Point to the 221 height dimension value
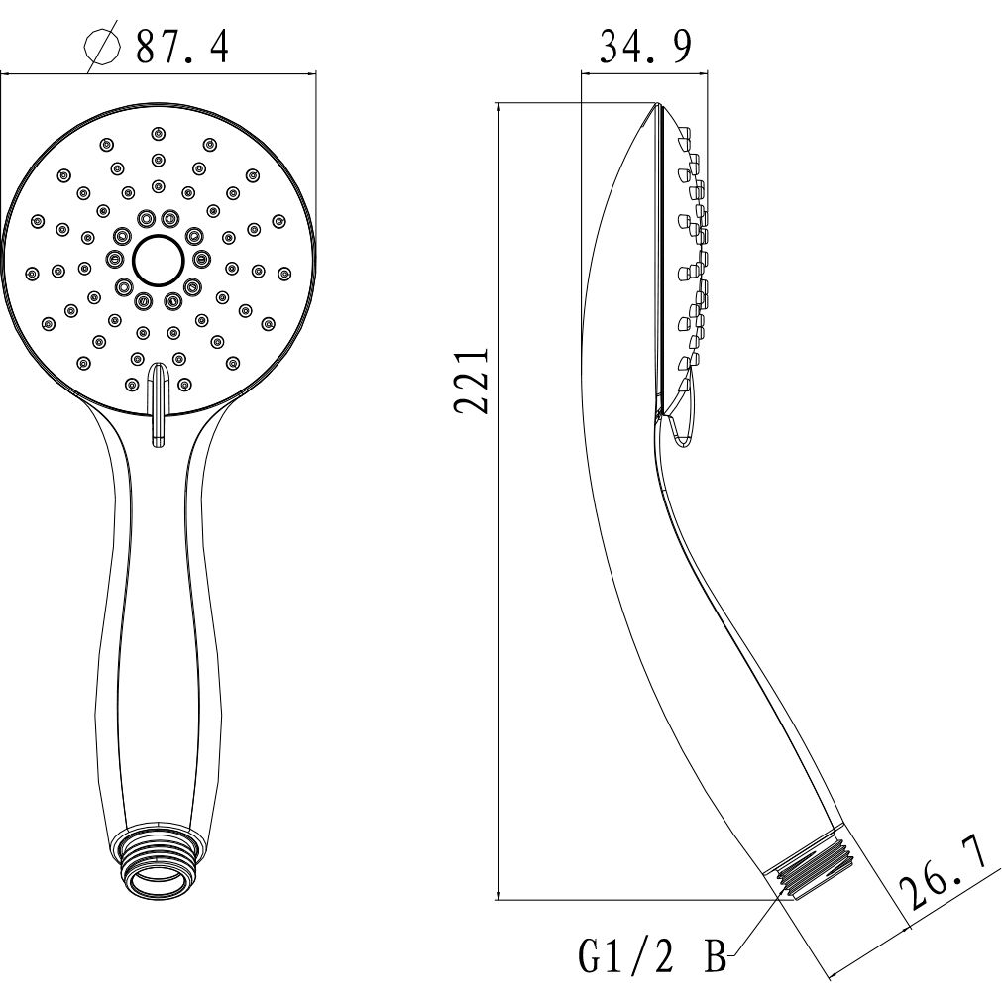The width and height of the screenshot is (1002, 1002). pyautogui.click(x=471, y=381)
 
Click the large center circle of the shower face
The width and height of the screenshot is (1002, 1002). pyautogui.click(x=157, y=261)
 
